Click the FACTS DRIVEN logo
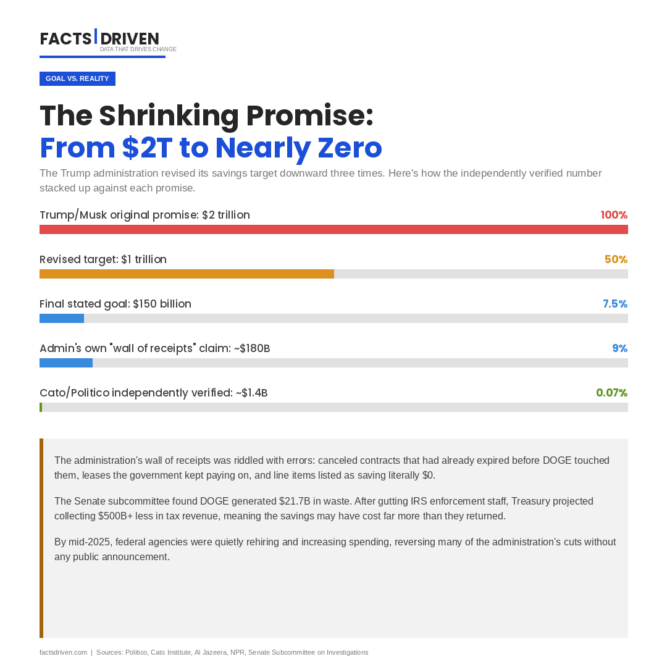click(x=99, y=39)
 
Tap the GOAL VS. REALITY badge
click(x=77, y=79)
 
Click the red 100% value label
click(x=614, y=215)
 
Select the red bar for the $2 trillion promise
click(x=333, y=230)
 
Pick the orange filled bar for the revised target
click(x=187, y=274)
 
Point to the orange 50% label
click(x=616, y=259)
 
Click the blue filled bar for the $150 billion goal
click(x=62, y=319)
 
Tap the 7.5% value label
click(x=615, y=304)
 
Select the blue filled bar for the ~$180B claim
click(x=66, y=363)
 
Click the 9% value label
click(x=619, y=348)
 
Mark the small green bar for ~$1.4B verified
click(x=41, y=408)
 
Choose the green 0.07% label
click(x=611, y=393)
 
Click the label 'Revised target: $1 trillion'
click(x=103, y=259)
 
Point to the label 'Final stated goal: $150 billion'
click(x=115, y=304)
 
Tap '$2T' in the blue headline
click(x=147, y=148)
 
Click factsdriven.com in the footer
click(x=63, y=652)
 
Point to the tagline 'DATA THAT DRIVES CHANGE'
click(x=138, y=49)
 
